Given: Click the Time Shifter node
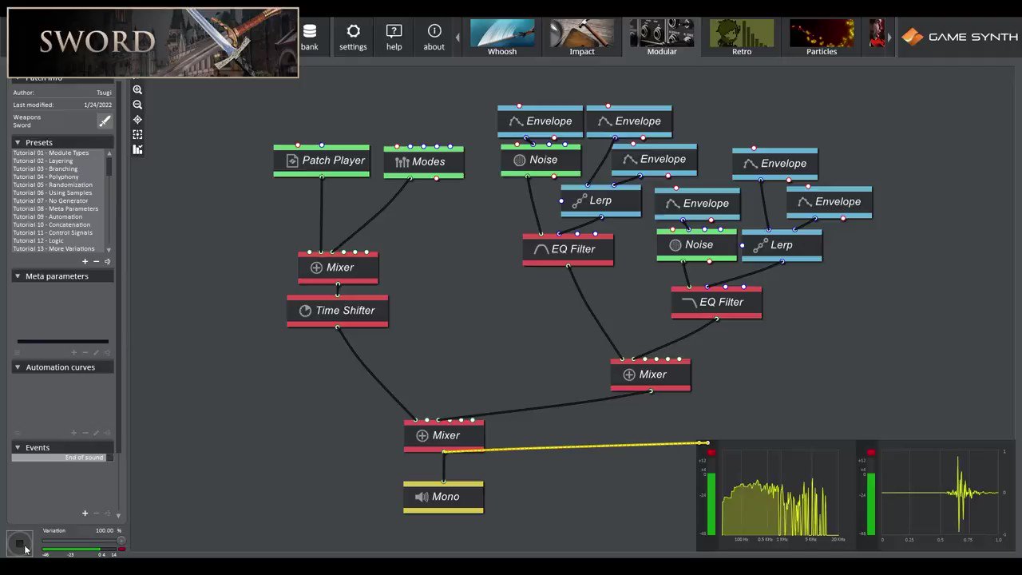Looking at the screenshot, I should coord(338,311).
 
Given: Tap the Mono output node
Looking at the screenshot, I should coord(443,497).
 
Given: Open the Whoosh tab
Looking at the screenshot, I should coord(502,38).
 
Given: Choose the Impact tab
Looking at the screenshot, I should coord(582,38).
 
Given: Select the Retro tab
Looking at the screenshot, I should coord(742,38).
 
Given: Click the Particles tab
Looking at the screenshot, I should coord(822,38).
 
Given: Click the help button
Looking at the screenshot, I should coord(394,37).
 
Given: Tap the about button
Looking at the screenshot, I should coord(434,37).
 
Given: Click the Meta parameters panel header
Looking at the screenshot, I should coord(57,276).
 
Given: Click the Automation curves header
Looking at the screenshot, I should coord(60,367).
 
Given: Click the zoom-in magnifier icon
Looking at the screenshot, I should coord(137,90).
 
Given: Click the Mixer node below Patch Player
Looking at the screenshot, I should coord(338,268).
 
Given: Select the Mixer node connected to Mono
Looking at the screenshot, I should coord(443,436).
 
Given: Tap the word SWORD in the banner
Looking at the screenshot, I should coord(97,42).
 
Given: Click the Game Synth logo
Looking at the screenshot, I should coord(960,37).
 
